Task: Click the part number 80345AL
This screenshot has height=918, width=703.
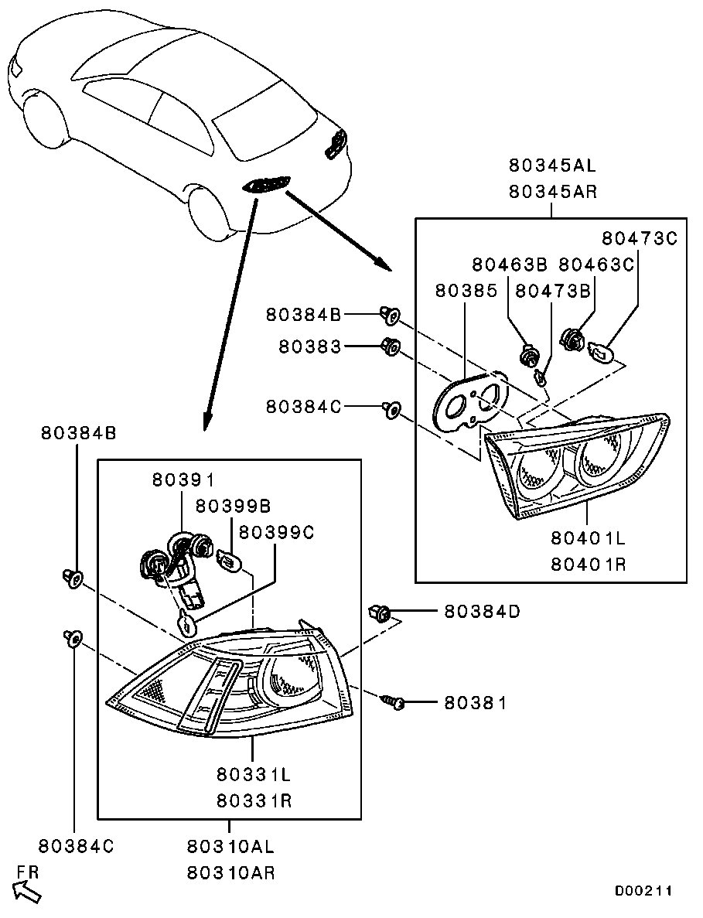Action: point(552,166)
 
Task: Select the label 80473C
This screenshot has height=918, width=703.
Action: point(639,238)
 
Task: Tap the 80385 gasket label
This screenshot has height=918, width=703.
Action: point(466,290)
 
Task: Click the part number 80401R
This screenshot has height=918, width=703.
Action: point(589,565)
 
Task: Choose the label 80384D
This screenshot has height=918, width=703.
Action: point(482,613)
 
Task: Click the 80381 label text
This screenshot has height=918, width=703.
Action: point(475,703)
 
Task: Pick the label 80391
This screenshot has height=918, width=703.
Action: point(183,480)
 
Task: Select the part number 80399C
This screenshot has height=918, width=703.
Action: point(276,532)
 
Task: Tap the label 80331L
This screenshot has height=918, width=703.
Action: point(254,773)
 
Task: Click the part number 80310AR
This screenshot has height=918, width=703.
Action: point(230,873)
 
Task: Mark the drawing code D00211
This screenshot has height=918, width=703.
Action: point(643,891)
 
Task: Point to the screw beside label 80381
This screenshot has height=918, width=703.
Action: point(394,702)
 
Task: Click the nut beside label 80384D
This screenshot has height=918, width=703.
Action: point(382,613)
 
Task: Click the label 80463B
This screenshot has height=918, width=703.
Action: point(510,264)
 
